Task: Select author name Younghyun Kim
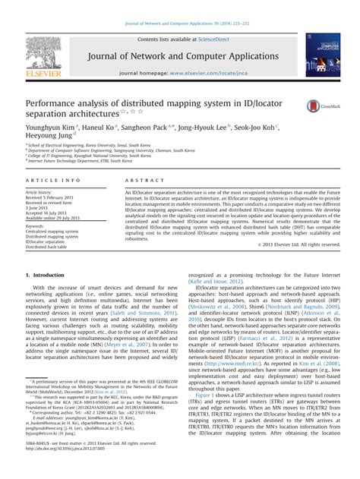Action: click(x=50, y=128)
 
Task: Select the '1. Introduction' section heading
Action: click(x=45, y=275)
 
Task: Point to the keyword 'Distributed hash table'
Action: click(x=47, y=247)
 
